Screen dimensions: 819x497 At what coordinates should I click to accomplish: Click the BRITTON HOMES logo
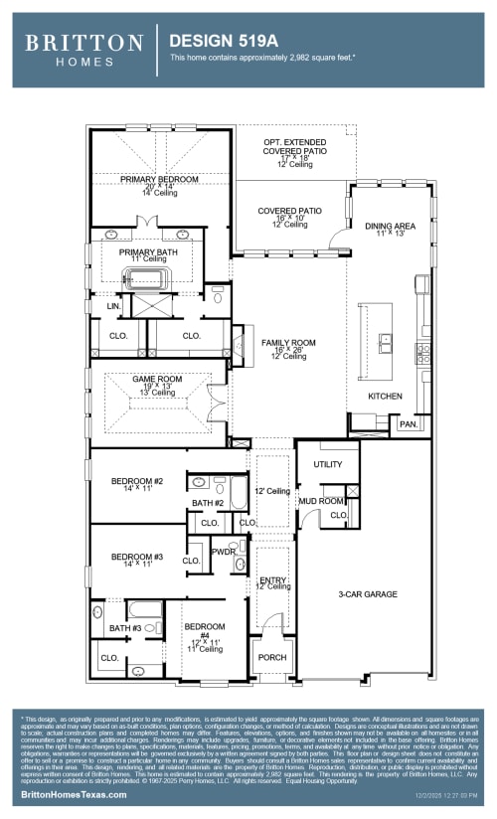[x=83, y=49]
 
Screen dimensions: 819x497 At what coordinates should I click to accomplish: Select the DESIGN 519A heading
[x=212, y=42]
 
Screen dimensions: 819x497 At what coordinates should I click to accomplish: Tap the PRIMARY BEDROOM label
[x=159, y=179]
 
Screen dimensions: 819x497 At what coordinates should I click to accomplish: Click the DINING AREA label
[x=390, y=226]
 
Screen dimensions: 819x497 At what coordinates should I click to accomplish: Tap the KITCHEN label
[x=385, y=396]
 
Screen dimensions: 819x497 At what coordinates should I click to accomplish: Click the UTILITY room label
[x=327, y=464]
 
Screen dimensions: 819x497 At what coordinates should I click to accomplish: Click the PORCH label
[x=271, y=657]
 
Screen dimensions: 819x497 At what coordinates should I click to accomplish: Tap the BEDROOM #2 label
[x=136, y=482]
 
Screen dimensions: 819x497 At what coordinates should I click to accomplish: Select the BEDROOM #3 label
[x=136, y=557]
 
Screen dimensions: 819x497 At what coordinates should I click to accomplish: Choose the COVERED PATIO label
[x=289, y=211]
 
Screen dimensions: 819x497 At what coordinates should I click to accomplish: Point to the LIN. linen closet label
[x=112, y=307]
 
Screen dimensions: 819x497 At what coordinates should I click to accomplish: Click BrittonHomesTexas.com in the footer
[x=75, y=795]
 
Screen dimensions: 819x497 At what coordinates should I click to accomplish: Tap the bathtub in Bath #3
[x=145, y=609]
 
